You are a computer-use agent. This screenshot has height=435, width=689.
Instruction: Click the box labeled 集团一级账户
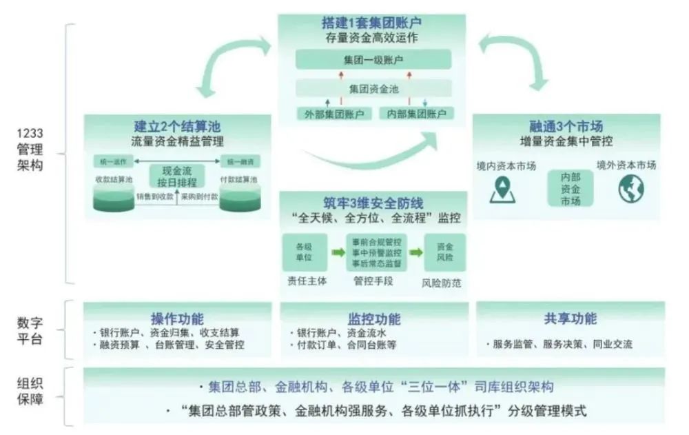click(x=373, y=59)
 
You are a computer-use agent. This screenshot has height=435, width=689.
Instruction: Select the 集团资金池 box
click(x=373, y=89)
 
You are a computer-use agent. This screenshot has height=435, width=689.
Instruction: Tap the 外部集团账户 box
click(x=334, y=113)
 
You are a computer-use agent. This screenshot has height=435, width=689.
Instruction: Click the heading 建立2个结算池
click(x=178, y=127)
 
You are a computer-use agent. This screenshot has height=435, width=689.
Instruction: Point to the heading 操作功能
click(x=177, y=319)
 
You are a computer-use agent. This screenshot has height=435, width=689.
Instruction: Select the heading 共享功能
click(x=570, y=318)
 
